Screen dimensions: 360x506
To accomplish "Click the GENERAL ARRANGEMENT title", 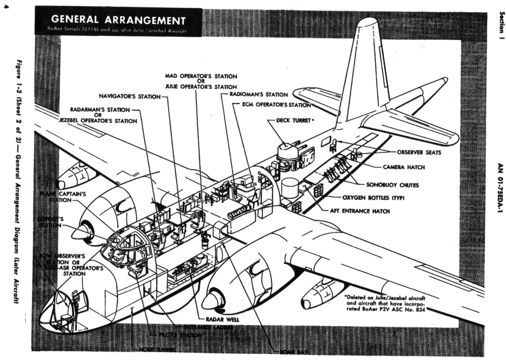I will [x=118, y=20].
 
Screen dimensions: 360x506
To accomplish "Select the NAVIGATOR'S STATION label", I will [x=130, y=96].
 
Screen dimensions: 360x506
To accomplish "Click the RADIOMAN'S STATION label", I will [x=259, y=94].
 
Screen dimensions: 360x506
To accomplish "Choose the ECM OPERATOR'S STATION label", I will [x=276, y=105].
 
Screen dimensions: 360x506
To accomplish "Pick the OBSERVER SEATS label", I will [x=419, y=152].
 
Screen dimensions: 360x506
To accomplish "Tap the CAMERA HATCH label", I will [x=404, y=167].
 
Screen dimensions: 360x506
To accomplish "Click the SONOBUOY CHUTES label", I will [x=392, y=185].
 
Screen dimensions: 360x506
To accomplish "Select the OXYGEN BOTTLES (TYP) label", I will [x=373, y=198].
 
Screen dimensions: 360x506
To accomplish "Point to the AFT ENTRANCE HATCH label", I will [x=360, y=211].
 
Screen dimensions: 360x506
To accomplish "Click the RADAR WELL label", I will [x=222, y=319].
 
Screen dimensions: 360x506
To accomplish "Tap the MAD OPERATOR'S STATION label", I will [x=201, y=76].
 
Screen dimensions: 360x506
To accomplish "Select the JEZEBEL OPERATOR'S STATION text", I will [x=98, y=121].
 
